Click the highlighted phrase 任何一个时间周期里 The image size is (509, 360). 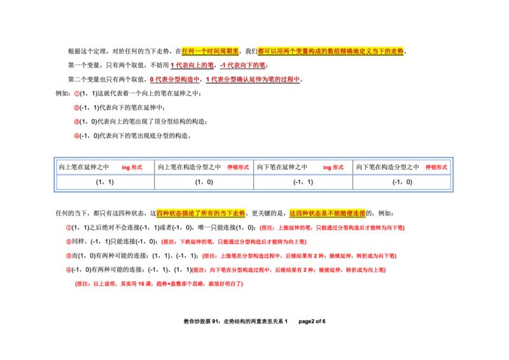coord(211,51)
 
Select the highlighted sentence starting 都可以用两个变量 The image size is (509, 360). coord(331,51)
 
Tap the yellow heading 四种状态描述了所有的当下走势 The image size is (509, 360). coord(200,213)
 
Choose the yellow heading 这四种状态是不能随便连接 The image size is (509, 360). coord(327,213)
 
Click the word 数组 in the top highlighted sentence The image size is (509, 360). coord(335,51)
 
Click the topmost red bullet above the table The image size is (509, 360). coord(76,93)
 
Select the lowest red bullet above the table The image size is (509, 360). coord(76,135)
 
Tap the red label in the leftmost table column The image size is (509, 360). coord(132,167)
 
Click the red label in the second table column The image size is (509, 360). coord(238,167)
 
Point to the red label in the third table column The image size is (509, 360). coord(333,167)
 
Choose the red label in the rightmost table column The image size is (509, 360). coord(436,167)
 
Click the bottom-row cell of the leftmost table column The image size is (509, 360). coord(107,183)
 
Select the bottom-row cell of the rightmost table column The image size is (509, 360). coord(401,183)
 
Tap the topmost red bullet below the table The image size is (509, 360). coord(69,227)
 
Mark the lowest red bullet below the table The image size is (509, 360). coord(69,270)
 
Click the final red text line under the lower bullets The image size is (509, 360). coord(158,284)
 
